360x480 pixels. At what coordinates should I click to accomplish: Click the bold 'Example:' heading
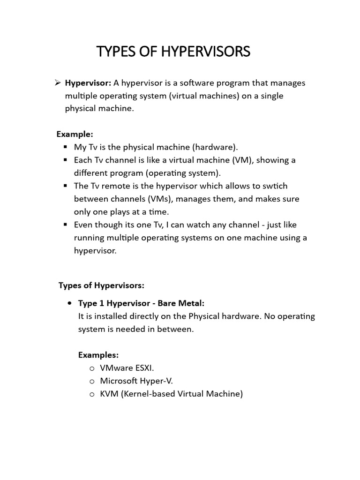point(75,134)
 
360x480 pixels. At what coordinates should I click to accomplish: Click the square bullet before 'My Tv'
point(66,147)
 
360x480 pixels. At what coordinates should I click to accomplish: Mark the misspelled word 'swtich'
point(277,186)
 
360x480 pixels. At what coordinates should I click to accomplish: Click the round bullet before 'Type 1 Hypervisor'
point(70,303)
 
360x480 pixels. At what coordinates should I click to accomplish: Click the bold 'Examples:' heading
point(98,355)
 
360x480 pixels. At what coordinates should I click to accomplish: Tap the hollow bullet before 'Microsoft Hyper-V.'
point(92,381)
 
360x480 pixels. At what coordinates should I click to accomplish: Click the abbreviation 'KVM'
point(110,394)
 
